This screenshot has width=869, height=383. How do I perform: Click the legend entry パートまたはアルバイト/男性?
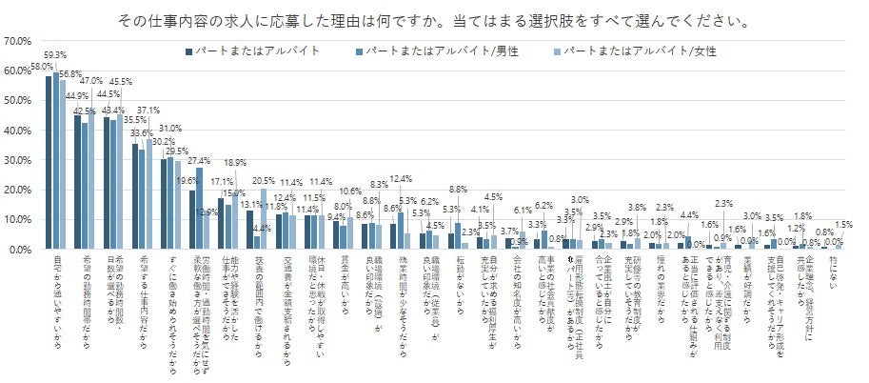(x=429, y=49)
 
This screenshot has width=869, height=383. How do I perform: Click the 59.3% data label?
(x=56, y=55)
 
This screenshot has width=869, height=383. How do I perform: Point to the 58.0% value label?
(x=41, y=67)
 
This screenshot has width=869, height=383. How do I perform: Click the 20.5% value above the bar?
(x=263, y=181)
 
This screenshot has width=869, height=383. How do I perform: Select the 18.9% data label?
(x=234, y=163)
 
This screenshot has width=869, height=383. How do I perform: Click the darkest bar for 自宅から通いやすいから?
(x=49, y=162)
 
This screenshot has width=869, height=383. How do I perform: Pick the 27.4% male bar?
(x=199, y=209)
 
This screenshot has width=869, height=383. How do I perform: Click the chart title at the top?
(x=434, y=19)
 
